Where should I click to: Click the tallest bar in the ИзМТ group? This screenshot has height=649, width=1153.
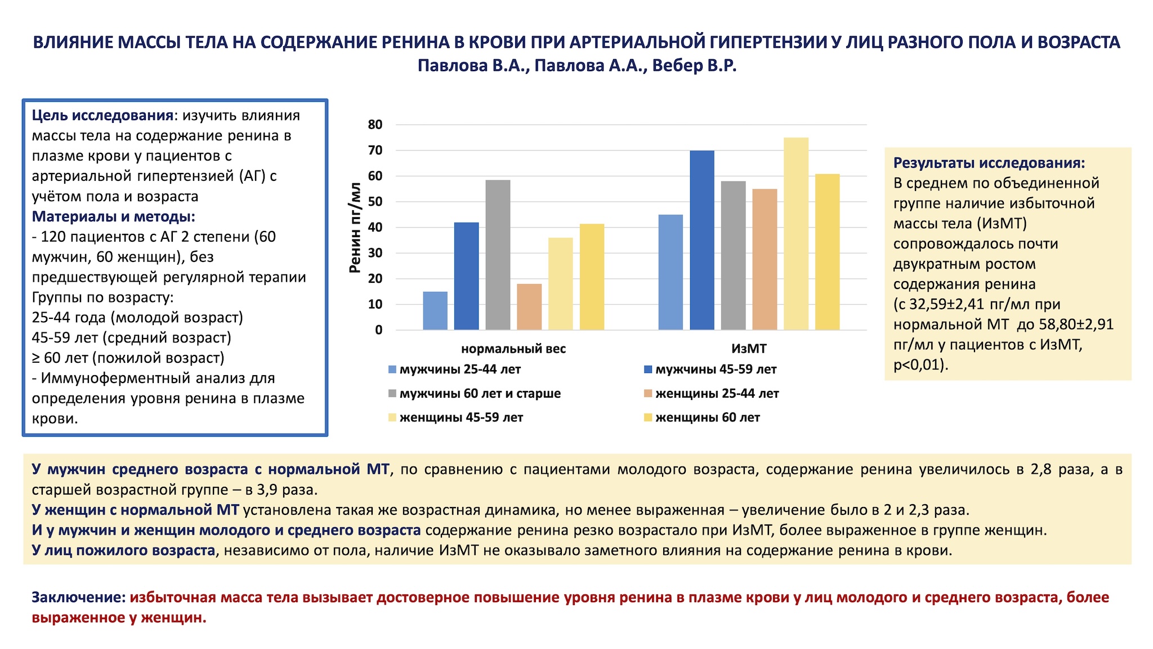(x=796, y=234)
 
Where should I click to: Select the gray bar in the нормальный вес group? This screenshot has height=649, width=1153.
(x=498, y=255)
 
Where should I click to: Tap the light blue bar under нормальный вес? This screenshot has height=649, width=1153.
(x=435, y=310)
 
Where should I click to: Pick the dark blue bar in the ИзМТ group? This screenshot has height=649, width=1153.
(x=701, y=240)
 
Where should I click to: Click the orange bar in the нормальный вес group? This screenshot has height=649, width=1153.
(x=529, y=306)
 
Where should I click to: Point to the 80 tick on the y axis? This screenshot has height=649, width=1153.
(x=375, y=125)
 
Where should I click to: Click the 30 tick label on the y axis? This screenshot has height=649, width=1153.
(x=375, y=253)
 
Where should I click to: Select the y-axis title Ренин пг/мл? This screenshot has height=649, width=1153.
(x=355, y=228)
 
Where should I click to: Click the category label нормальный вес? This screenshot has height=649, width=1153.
(x=513, y=349)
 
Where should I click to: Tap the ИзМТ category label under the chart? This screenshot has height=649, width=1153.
(x=748, y=349)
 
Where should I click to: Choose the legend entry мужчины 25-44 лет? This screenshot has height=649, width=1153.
(x=459, y=370)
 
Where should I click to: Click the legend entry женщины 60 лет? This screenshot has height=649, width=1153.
(x=707, y=417)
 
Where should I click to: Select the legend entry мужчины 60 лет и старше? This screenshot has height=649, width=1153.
(x=480, y=393)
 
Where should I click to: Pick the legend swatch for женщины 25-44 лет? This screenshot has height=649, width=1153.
(x=648, y=393)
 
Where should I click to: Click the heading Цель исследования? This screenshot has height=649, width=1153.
(x=102, y=115)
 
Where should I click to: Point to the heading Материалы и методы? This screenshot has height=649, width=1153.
(x=113, y=217)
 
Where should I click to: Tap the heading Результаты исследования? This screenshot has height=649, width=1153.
(x=989, y=163)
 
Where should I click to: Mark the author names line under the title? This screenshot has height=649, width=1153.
(x=576, y=66)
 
